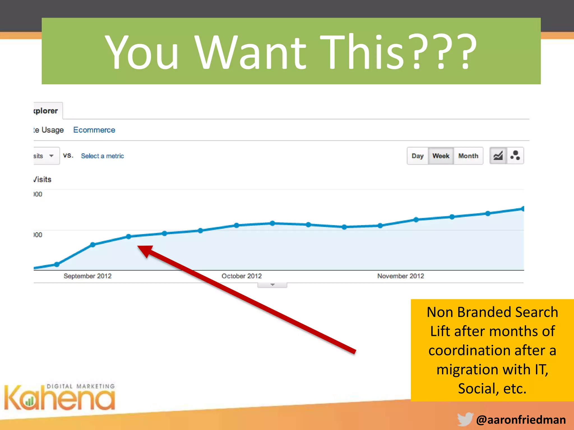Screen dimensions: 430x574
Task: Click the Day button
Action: pos(417,156)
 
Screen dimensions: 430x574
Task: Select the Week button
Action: pos(441,156)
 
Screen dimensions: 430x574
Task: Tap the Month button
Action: pos(468,156)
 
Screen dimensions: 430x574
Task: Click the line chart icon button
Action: pos(498,156)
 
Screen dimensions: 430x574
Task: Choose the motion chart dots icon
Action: pos(515,156)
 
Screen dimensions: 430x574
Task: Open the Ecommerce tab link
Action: pos(94,130)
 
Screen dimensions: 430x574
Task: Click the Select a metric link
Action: pos(102,156)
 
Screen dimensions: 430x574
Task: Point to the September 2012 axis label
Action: pos(87,276)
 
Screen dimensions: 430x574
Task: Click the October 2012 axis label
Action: pos(242,276)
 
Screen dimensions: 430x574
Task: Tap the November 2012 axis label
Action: pos(401,276)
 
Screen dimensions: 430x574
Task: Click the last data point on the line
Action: pos(522,209)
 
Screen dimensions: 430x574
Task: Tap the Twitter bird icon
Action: pos(465,419)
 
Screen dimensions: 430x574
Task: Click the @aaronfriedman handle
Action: pos(521,420)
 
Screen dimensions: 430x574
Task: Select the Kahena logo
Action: pos(59,398)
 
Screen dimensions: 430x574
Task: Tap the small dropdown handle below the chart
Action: pos(272,285)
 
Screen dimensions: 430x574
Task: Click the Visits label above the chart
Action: pos(43,179)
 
